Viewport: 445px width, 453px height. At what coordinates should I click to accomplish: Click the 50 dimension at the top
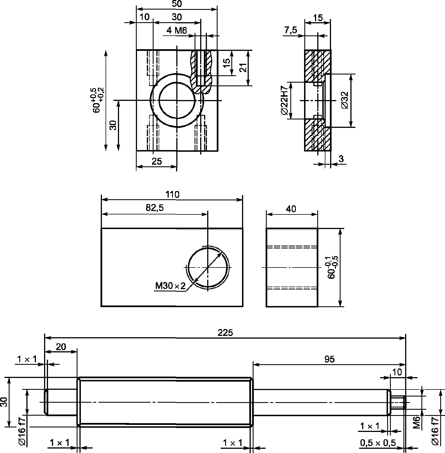pos(177,4)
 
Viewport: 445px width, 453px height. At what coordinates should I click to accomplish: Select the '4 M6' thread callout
pos(177,30)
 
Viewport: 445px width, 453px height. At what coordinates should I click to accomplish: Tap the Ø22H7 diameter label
pos(284,101)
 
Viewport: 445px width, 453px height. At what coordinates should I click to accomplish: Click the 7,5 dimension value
pos(290,30)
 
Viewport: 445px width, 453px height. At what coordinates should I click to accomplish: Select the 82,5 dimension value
pos(154,208)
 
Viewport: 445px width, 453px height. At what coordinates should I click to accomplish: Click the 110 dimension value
pos(172,194)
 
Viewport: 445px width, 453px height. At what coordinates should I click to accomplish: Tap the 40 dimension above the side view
pos(291,209)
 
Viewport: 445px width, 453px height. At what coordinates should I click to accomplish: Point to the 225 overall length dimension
pos(225,333)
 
